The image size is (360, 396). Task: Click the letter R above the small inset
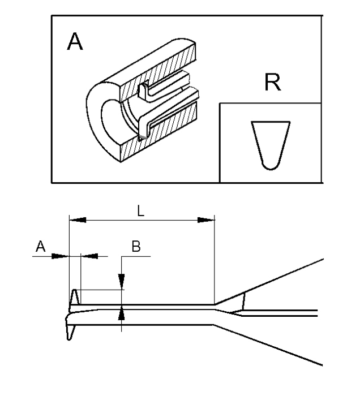[272, 84]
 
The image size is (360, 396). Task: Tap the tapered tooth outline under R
[271, 144]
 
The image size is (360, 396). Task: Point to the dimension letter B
[136, 246]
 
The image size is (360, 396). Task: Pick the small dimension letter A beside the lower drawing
[40, 246]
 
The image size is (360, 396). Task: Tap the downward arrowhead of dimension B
[121, 282]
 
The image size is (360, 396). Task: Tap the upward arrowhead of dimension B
[121, 312]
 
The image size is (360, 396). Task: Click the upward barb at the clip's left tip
[74, 298]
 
